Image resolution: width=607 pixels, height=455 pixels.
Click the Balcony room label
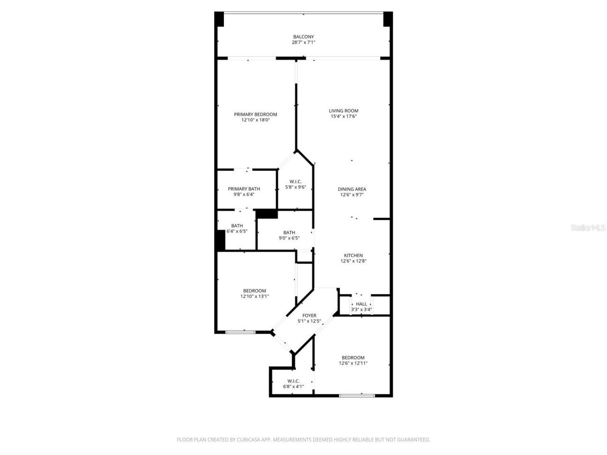click(x=303, y=37)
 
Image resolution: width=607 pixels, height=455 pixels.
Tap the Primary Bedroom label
click(x=256, y=114)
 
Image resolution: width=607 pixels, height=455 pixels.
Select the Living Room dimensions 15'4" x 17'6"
click(x=344, y=117)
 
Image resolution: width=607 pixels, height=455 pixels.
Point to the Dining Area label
click(x=352, y=189)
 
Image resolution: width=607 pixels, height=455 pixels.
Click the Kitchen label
click(x=353, y=255)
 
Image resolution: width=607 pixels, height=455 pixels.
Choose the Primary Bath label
click(x=244, y=189)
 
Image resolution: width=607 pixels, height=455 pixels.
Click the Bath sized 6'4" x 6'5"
click(x=237, y=228)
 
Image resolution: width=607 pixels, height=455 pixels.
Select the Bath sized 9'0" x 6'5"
click(x=289, y=235)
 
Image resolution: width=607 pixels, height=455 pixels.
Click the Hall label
click(x=361, y=304)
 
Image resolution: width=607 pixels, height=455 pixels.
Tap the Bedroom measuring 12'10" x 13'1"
click(x=255, y=293)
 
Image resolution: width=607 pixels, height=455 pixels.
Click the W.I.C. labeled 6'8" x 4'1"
click(x=294, y=383)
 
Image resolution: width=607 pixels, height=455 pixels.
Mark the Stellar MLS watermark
click(x=588, y=228)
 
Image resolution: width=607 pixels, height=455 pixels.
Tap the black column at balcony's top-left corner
click(x=219, y=19)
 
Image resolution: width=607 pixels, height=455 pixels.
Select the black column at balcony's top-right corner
click(x=388, y=19)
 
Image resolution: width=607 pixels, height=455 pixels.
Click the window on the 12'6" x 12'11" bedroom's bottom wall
click(x=357, y=395)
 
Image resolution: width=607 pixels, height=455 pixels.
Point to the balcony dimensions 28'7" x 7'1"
click(x=303, y=43)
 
